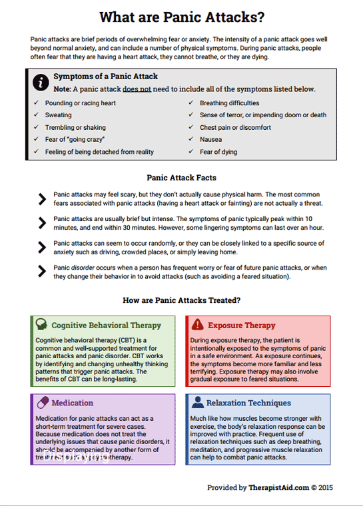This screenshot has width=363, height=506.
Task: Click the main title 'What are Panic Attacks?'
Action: (x=181, y=17)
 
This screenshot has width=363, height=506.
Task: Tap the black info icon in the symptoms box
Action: (x=41, y=83)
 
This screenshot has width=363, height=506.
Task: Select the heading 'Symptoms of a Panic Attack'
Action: (x=106, y=77)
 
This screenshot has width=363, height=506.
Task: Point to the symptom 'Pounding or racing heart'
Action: (x=81, y=103)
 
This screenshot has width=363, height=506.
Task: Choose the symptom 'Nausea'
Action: (x=211, y=140)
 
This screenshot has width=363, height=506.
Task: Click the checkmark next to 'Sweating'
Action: (x=36, y=115)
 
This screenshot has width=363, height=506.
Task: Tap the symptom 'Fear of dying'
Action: (x=219, y=152)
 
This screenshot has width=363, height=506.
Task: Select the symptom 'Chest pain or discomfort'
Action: (x=235, y=127)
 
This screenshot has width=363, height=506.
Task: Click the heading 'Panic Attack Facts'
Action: (x=181, y=178)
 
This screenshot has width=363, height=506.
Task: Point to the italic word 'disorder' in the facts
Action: (x=84, y=268)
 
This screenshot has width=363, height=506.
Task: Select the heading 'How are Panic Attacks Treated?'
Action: (x=181, y=300)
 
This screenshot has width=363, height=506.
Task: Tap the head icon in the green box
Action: (x=41, y=325)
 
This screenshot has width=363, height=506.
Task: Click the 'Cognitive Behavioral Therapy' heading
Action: (x=107, y=326)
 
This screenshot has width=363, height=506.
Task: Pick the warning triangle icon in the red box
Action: (x=197, y=325)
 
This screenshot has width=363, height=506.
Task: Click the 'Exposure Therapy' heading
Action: (x=241, y=326)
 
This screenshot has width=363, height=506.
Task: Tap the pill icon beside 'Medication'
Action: (x=41, y=403)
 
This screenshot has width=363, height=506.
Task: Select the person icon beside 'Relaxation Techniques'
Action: (x=197, y=403)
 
